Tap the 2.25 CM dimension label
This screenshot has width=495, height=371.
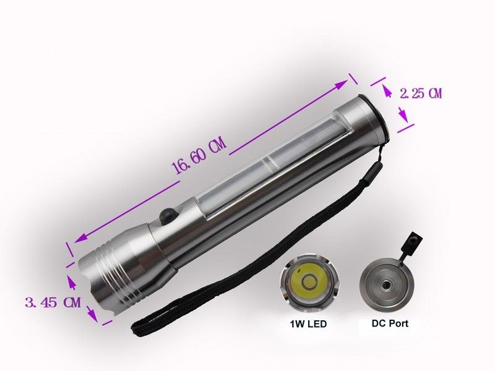pos(421,94)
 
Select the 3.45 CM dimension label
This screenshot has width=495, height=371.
pos(53,303)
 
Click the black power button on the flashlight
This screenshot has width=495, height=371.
pos(166,216)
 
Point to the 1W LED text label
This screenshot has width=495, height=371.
pos(308,323)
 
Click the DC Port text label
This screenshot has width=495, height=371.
pos(390,323)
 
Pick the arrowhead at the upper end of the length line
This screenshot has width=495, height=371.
pos(346,81)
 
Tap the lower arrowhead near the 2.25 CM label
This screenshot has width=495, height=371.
pos(403,117)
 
